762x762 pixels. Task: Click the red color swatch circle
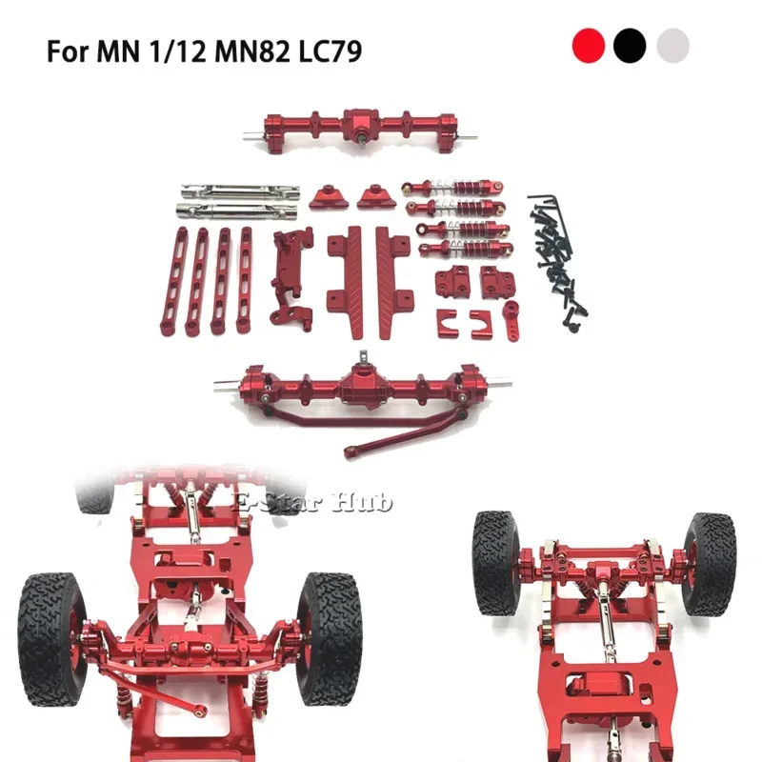(x=589, y=45)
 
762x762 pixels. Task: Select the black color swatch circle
(x=631, y=45)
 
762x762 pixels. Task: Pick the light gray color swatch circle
(x=672, y=45)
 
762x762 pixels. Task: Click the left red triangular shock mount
(x=328, y=197)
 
